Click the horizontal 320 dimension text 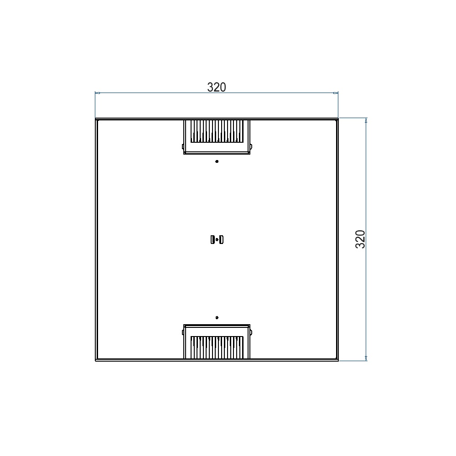(216, 87)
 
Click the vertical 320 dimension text (360, 239)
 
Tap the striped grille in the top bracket (217, 131)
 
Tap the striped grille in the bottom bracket (217, 347)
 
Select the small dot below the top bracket (217, 161)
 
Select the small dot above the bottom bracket (217, 317)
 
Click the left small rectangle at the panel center (212, 240)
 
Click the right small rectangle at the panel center (221, 240)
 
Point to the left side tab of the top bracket (183, 146)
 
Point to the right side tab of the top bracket (251, 146)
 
